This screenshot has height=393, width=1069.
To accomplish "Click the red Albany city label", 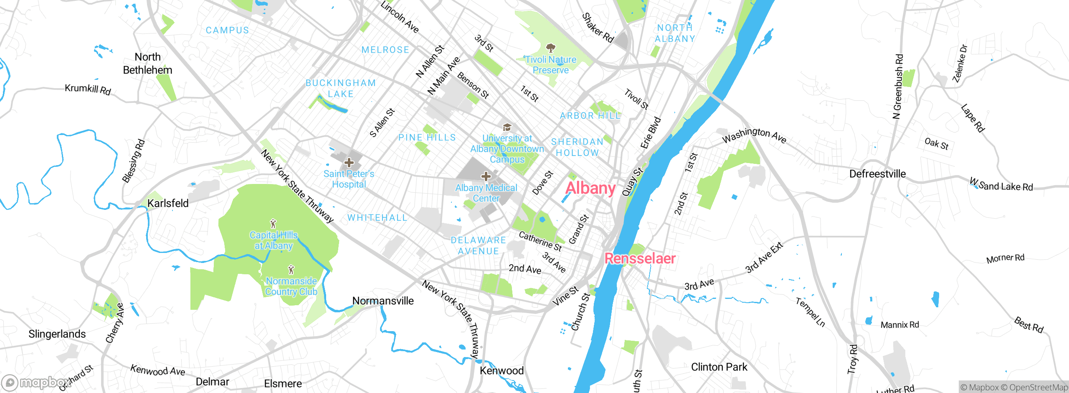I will pyautogui.click(x=590, y=188).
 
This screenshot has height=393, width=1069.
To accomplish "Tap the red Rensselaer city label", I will pyautogui.click(x=640, y=258).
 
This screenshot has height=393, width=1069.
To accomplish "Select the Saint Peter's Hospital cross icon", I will pyautogui.click(x=349, y=163).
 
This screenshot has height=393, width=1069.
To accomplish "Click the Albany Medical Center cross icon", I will pyautogui.click(x=486, y=176).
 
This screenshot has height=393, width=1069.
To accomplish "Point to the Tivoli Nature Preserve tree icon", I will pyautogui.click(x=550, y=48).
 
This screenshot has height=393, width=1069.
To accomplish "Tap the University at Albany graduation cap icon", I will pyautogui.click(x=507, y=127).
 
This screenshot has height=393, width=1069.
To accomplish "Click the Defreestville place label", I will pyautogui.click(x=877, y=174).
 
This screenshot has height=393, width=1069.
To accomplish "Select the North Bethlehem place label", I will pyautogui.click(x=147, y=64).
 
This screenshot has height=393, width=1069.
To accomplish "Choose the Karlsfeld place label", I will pyautogui.click(x=168, y=203).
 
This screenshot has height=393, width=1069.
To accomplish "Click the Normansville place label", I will pyautogui.click(x=383, y=301).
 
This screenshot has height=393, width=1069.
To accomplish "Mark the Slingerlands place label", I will pyautogui.click(x=57, y=334).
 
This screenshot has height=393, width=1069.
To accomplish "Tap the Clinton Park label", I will pyautogui.click(x=719, y=367).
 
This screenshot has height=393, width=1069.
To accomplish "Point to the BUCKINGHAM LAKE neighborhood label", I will pyautogui.click(x=341, y=88).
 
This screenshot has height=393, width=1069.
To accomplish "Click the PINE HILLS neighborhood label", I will pyautogui.click(x=427, y=138).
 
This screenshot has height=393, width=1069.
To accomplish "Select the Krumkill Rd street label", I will pyautogui.click(x=88, y=89).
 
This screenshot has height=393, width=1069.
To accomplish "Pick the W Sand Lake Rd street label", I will pyautogui.click(x=1001, y=184).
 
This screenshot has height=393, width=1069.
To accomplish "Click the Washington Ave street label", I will pyautogui.click(x=754, y=135).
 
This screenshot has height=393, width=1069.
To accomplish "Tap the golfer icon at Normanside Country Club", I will pyautogui.click(x=291, y=270).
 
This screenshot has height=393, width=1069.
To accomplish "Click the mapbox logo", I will pyautogui.click(x=35, y=382).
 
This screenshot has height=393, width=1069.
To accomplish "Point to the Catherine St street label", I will pyautogui.click(x=540, y=241).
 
